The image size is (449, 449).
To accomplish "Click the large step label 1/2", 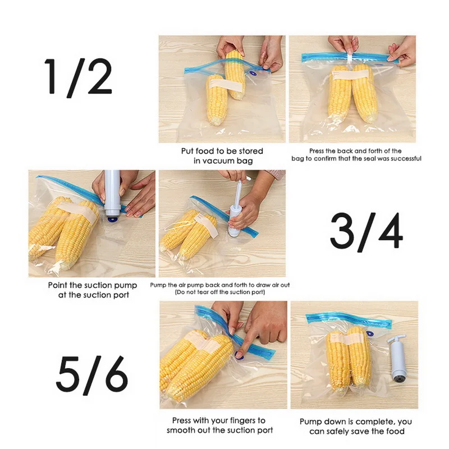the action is click(78, 77).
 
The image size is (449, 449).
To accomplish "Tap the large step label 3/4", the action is click(366, 231).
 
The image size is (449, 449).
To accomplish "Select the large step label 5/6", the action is click(91, 375).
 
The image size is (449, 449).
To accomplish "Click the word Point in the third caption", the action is click(58, 285).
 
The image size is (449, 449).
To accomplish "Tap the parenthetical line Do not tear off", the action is click(219, 292).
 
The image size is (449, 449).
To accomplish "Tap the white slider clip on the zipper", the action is click(349, 59).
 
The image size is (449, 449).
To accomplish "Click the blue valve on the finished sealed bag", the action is click(370, 334).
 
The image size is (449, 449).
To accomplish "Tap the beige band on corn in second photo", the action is click(350, 75).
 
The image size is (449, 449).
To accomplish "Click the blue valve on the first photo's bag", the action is click(253, 74).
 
